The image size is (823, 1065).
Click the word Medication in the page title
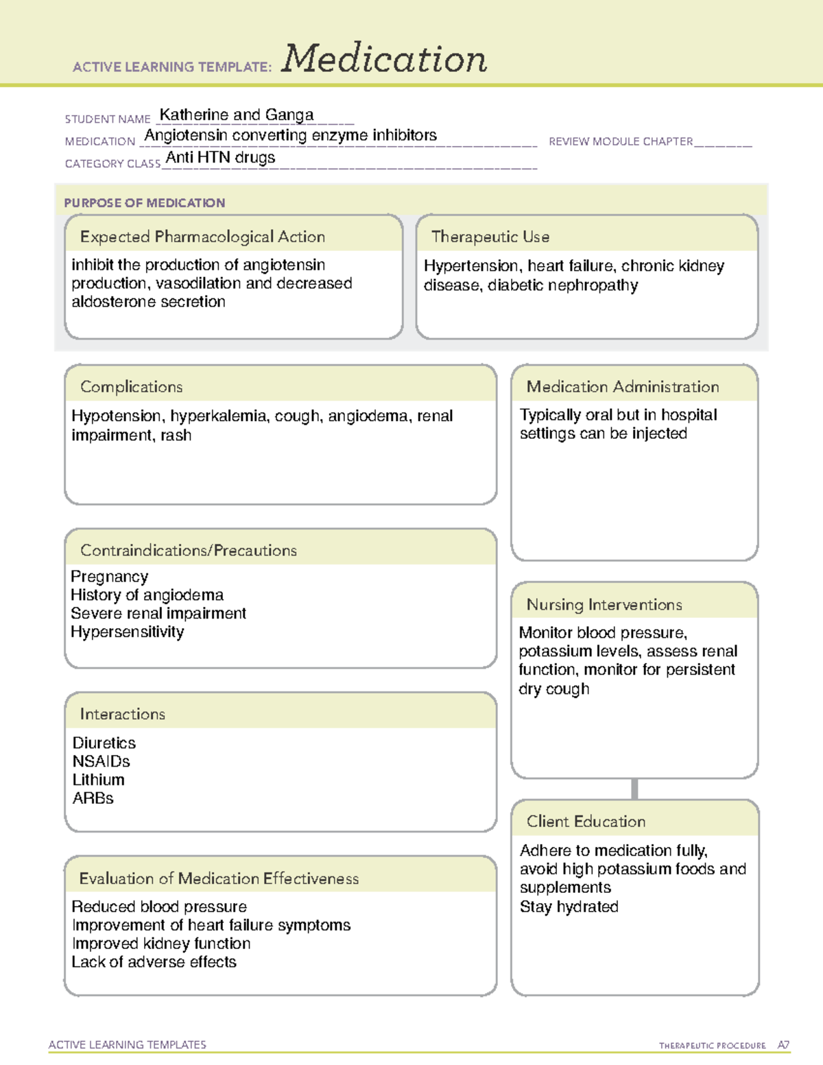(x=384, y=59)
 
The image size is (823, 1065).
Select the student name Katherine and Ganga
(x=237, y=115)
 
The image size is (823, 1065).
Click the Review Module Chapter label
(x=621, y=141)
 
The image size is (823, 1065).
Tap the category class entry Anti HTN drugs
(x=220, y=158)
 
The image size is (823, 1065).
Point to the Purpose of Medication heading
(x=145, y=203)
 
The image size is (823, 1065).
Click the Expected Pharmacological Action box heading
(x=202, y=237)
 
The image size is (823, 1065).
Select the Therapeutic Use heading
(x=490, y=237)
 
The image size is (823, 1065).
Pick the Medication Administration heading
(x=623, y=387)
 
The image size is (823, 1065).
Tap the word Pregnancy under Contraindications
(x=110, y=577)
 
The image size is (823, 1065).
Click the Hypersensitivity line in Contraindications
(x=128, y=632)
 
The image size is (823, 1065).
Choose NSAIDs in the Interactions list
(x=102, y=761)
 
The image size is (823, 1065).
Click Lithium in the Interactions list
(x=99, y=780)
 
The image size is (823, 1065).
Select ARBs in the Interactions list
(x=93, y=798)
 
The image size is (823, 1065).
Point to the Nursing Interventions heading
(x=604, y=605)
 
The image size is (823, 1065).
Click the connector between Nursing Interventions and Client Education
(x=634, y=789)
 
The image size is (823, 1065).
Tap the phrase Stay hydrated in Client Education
(x=569, y=907)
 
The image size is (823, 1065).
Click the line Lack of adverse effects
(x=154, y=962)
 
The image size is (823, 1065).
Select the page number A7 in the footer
(x=783, y=1045)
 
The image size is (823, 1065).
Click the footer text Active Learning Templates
(x=128, y=1044)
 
